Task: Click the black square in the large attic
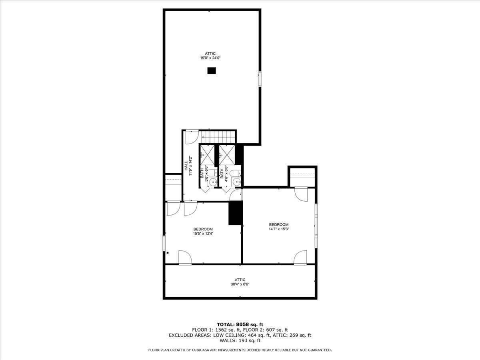[212, 71]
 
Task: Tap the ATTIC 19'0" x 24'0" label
[210, 56]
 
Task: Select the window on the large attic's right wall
[260, 78]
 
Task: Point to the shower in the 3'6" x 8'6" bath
[208, 154]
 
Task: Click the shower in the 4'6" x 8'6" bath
[226, 154]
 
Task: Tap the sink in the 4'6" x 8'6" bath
[237, 182]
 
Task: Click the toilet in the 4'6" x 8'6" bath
[237, 173]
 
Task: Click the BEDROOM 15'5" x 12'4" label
[203, 231]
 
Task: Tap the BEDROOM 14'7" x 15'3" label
[278, 227]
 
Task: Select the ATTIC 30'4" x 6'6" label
[240, 282]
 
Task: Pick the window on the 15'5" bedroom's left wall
[164, 244]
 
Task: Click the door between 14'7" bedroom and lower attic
[300, 258]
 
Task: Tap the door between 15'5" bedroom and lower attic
[185, 258]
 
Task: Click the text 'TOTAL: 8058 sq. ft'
[240, 324]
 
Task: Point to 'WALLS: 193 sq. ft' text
[240, 341]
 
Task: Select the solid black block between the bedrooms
[236, 213]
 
